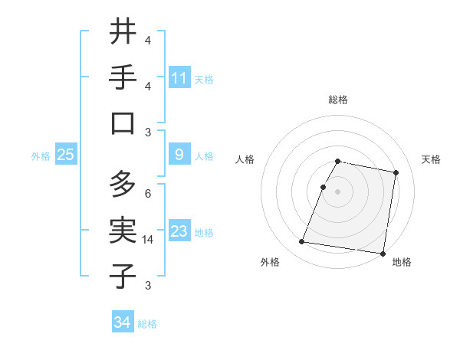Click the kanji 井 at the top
123,31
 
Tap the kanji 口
123,123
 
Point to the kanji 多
123,184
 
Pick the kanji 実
123,230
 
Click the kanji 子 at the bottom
123,276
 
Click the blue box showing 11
179,77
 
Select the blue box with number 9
179,155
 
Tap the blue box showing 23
179,231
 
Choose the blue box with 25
66,155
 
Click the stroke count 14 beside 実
148,240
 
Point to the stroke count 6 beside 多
148,194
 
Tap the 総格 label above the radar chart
338,100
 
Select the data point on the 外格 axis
301,242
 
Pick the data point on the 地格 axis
382,253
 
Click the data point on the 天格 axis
396,173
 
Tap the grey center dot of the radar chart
338,191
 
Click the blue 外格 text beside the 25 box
40,155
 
